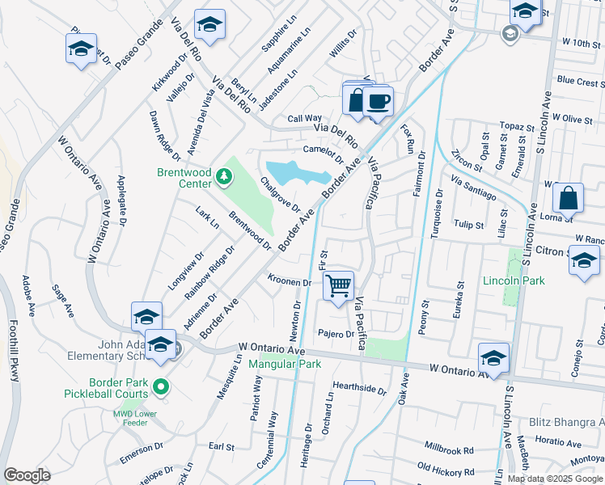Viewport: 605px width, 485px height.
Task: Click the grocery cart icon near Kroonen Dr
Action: pos(338,285)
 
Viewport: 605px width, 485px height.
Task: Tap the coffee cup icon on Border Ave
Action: pos(378,102)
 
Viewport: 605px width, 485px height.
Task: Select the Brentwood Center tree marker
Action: pos(223,175)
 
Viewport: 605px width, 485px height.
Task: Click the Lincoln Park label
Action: pos(514,280)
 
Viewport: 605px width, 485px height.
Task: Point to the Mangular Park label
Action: pos(285,364)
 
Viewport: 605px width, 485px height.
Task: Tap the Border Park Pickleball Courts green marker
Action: pos(160,386)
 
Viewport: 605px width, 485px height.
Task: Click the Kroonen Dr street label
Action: pos(290,282)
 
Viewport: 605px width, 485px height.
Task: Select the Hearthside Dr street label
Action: pos(360,388)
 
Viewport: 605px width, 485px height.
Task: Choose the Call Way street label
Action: pos(305,118)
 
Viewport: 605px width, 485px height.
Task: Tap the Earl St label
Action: pos(221,446)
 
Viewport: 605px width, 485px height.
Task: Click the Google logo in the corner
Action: pos(27,475)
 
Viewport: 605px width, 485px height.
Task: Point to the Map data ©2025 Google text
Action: pos(555,478)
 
